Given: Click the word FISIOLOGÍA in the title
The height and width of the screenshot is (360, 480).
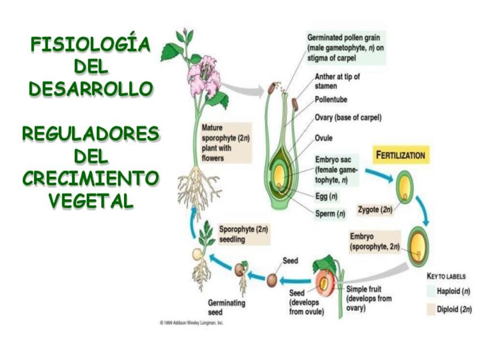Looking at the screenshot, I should click(x=91, y=44).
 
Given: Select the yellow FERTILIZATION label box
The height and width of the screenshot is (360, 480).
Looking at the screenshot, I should click(x=400, y=155).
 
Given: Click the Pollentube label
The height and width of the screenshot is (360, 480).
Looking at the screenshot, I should click(x=331, y=100).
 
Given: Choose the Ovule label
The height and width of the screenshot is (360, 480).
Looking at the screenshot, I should click(x=324, y=138).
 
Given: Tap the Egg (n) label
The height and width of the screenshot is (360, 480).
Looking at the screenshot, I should click(x=326, y=197).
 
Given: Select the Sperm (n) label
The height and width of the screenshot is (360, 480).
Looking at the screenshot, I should click(x=330, y=214).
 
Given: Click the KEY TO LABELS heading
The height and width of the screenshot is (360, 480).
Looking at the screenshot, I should click(x=446, y=277).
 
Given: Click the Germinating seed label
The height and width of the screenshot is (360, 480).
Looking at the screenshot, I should click(x=226, y=307).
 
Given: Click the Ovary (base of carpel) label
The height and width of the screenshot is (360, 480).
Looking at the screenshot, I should click(x=348, y=118).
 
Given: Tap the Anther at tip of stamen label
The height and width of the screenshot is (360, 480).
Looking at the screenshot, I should click(x=337, y=82).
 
